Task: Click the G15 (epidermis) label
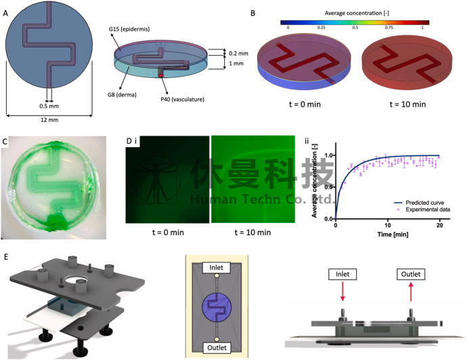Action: [129, 29]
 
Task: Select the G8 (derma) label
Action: [122, 95]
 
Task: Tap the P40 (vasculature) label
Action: [182, 99]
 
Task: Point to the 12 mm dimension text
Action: [49, 120]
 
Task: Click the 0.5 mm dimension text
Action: [49, 106]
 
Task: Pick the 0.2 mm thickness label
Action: [238, 54]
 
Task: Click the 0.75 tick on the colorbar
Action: [389, 28]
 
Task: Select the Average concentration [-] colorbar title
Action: [357, 13]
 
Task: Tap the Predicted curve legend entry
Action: [419, 203]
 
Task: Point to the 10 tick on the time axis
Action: [387, 225]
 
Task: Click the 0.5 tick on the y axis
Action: [328, 187]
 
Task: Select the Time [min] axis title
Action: [393, 234]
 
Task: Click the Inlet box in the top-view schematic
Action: [216, 268]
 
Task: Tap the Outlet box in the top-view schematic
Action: [217, 348]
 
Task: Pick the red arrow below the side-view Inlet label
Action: [342, 290]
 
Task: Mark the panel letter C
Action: [5, 142]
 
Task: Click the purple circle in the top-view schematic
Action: [217, 307]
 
